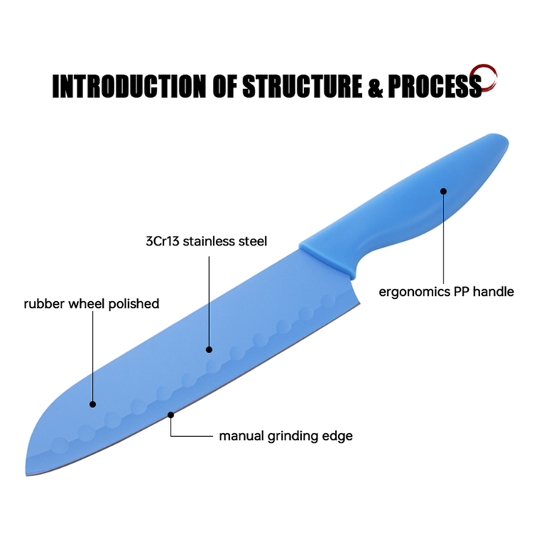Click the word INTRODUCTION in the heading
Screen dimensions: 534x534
tap(130, 86)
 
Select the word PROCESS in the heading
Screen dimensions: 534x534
tap(434, 86)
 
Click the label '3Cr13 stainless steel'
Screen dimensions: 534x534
tap(206, 241)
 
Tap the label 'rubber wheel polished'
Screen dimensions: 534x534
tap(91, 303)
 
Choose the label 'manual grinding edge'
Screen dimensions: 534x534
tap(286, 435)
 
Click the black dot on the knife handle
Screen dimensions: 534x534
tap(444, 191)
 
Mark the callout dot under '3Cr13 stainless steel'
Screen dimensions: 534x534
tap(209, 349)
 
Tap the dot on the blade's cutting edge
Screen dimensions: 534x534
tap(171, 415)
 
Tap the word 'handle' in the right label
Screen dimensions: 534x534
tap(494, 291)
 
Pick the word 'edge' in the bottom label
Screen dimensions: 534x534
tap(338, 436)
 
